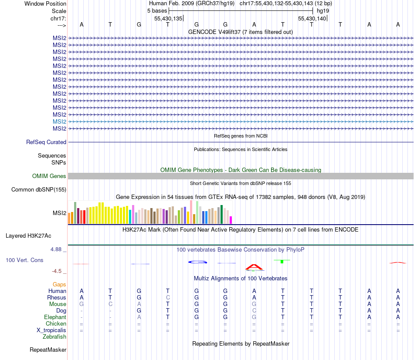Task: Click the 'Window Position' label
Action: tap(45, 3)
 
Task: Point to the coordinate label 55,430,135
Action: tap(168, 18)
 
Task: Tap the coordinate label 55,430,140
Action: tap(312, 18)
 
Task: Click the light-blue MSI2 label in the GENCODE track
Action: tap(59, 121)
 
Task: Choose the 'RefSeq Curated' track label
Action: tap(46, 142)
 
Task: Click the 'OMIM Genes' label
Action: tap(49, 176)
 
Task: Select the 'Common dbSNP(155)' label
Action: tap(39, 189)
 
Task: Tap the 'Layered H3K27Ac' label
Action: tap(28, 236)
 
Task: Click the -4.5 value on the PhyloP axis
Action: tap(57, 271)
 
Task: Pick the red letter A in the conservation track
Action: tap(254, 267)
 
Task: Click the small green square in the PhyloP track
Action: tap(282, 261)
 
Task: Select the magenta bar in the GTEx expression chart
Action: tap(231, 220)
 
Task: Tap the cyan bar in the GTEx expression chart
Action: tap(130, 216)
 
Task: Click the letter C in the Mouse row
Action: tap(110, 304)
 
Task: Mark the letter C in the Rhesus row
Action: tap(168, 297)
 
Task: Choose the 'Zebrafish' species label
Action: tap(54, 336)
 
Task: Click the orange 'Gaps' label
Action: tap(59, 284)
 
